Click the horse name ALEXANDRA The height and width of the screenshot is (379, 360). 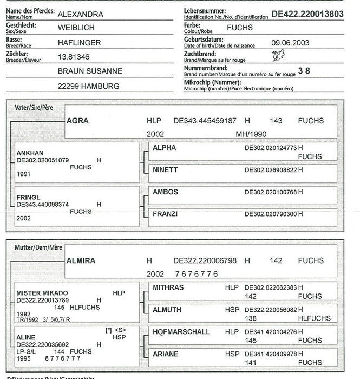81,15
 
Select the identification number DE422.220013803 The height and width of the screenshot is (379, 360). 307,14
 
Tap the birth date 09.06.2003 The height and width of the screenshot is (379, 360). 290,42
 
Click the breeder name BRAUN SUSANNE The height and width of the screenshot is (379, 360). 90,71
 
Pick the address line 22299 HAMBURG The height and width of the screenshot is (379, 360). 88,86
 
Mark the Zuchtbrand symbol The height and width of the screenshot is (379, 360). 278,55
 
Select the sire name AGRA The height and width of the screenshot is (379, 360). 77,121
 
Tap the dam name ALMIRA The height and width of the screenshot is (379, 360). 81,260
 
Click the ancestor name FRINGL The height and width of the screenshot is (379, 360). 29,198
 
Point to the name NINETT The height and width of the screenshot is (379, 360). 166,169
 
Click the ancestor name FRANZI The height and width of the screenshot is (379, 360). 165,214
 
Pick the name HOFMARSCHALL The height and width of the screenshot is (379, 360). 181,331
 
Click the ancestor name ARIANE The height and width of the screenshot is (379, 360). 166,354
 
